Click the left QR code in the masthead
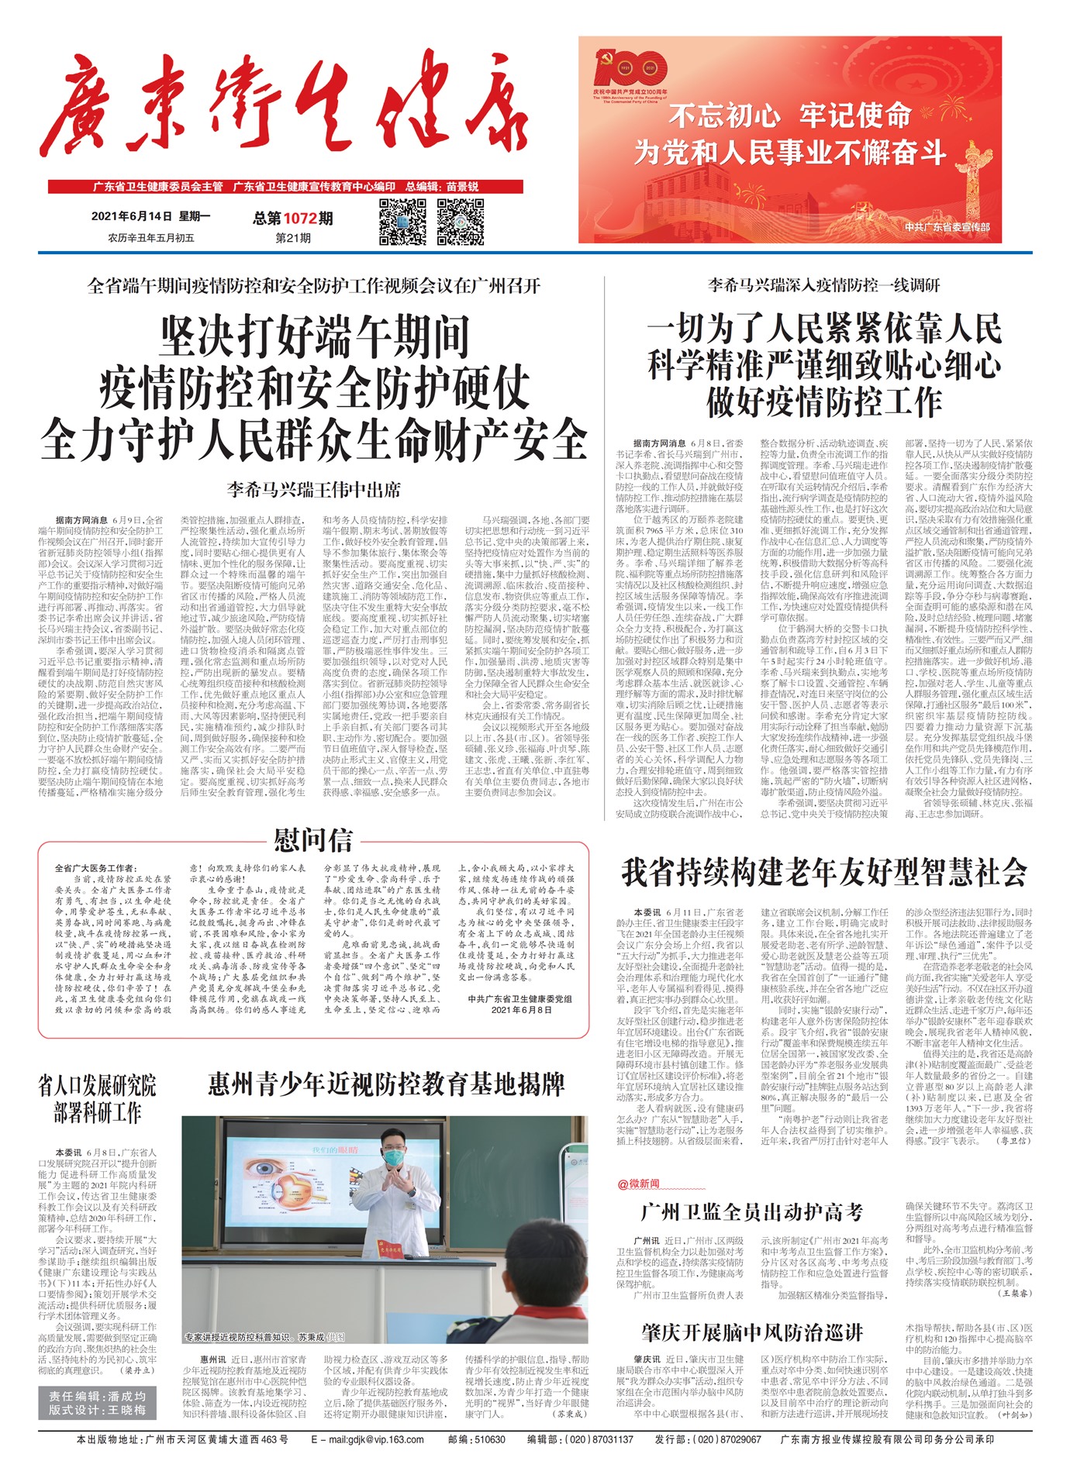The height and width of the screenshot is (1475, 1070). coord(403,222)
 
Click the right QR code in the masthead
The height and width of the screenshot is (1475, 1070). coord(461,222)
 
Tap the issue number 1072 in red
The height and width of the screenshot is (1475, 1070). coord(299,219)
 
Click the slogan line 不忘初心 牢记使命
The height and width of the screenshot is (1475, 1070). coord(789,115)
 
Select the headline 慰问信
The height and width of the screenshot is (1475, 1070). coord(312,840)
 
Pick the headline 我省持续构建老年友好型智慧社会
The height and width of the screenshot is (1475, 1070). coord(824,873)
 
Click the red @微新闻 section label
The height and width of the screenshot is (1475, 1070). coord(638,1184)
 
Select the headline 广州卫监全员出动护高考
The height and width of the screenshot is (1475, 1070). coord(752,1212)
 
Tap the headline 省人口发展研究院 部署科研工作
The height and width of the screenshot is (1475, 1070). coord(97,1099)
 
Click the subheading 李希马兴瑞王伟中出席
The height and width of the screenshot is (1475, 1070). coord(314,489)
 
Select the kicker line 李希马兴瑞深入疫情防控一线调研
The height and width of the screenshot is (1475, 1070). coord(823,285)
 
